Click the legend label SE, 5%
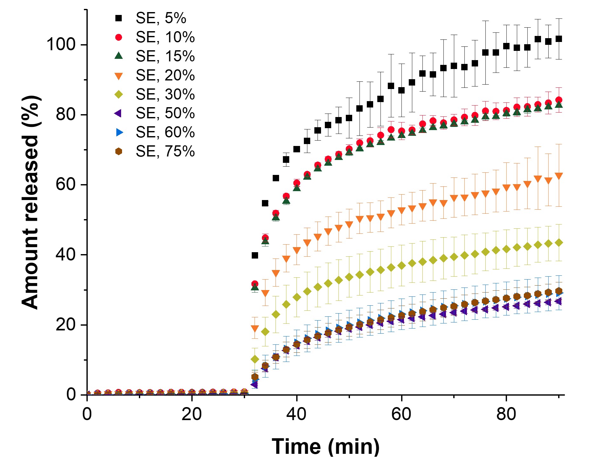point(161,18)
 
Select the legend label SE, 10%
point(165,37)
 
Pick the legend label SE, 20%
point(165,75)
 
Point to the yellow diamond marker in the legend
point(119,94)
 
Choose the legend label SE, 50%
point(165,113)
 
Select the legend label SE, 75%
point(165,151)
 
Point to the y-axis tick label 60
point(66,184)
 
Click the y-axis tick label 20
point(66,325)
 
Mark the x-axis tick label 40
point(296,414)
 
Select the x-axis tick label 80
point(506,414)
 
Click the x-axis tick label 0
point(87,414)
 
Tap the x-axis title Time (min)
point(325,446)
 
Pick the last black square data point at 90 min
point(558,39)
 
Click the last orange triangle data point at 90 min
point(558,176)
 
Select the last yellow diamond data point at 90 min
point(558,243)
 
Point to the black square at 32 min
point(255,255)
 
